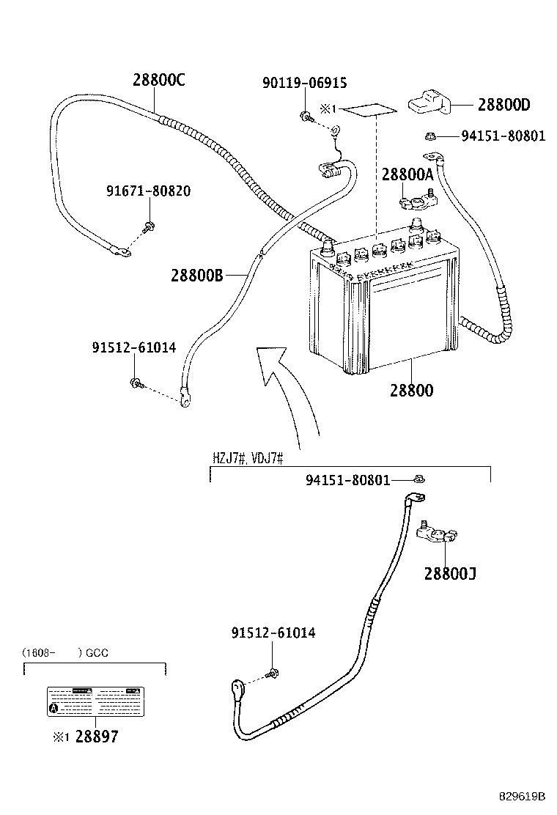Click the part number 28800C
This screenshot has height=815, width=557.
click(158, 81)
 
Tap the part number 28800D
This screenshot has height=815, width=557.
click(503, 105)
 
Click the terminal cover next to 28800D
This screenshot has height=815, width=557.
click(429, 101)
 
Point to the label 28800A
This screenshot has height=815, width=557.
click(407, 174)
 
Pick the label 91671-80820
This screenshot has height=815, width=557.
click(148, 191)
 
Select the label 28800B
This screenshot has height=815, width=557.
click(196, 276)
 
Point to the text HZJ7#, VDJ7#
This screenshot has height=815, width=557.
click(248, 458)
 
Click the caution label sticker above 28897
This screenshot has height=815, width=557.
click(95, 702)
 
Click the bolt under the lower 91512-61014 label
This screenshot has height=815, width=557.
click(273, 672)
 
